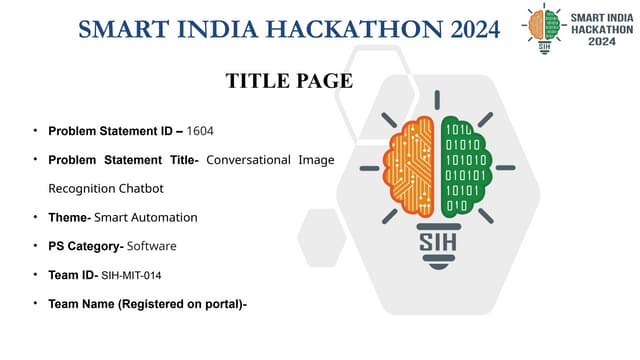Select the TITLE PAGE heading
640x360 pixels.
click(x=289, y=81)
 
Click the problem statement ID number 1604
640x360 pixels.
click(x=200, y=131)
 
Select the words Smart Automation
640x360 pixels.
click(x=145, y=217)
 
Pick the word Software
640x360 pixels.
click(x=151, y=245)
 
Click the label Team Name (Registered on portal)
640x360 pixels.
click(x=146, y=302)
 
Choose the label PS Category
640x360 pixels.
click(x=84, y=245)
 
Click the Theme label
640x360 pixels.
click(x=68, y=217)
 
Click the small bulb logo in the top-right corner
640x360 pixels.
click(x=544, y=28)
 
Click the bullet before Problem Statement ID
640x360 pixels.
click(x=36, y=131)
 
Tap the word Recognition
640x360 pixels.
click(x=80, y=188)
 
